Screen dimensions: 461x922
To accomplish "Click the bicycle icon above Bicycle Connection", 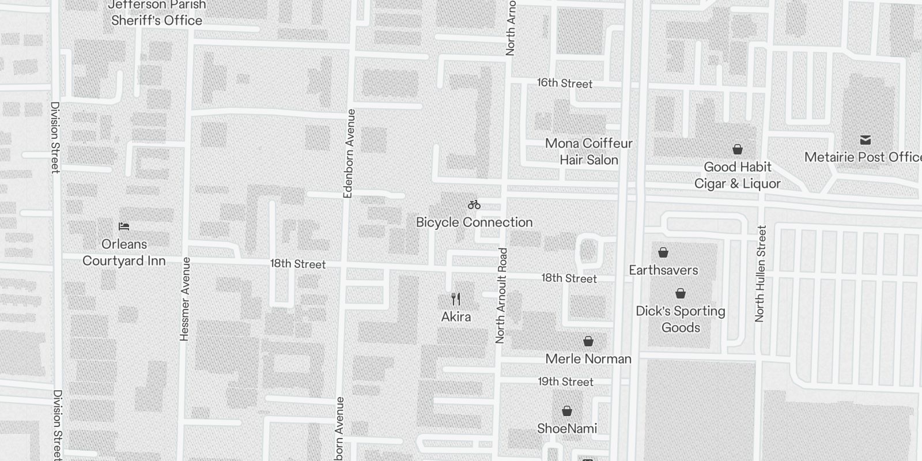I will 474,205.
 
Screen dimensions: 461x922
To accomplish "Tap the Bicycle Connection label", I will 474,222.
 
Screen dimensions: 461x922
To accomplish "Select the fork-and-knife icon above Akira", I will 456,299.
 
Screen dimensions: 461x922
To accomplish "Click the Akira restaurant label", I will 456,317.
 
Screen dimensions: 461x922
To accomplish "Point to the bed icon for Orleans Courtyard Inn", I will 124,226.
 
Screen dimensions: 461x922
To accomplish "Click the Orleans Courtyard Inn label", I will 124,252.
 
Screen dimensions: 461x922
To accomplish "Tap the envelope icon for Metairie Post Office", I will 865,139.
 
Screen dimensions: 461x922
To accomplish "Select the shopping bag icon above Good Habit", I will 737,149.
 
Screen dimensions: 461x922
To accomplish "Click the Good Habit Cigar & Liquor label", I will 737,175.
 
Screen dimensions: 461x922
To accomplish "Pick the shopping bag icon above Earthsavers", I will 663,252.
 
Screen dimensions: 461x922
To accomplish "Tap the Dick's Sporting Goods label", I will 681,319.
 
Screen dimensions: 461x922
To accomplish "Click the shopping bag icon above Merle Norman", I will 588,341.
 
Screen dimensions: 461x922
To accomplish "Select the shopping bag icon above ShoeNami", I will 567,411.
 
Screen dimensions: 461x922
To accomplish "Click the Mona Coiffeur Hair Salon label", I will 588,152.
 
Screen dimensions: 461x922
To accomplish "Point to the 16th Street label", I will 565,83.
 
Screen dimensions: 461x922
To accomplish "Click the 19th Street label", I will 566,381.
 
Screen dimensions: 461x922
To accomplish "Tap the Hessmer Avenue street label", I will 185,298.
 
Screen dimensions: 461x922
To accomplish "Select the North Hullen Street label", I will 761,273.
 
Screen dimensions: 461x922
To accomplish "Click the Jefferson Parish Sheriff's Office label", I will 157,13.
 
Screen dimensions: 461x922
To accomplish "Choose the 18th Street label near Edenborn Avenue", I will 298,264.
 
